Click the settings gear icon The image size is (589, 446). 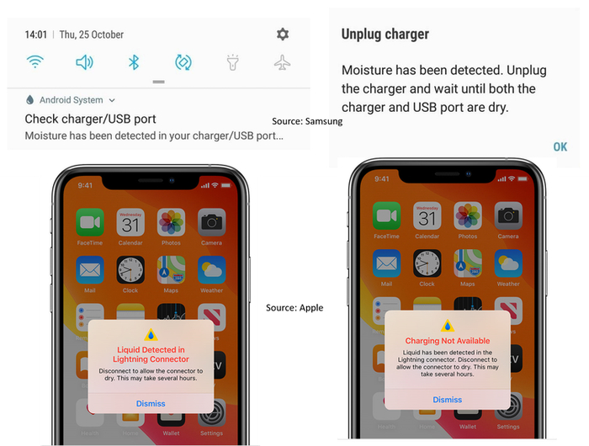(283, 35)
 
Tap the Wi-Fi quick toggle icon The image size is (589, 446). (34, 62)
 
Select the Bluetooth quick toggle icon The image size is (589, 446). (133, 62)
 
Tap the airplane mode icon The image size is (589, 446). (283, 62)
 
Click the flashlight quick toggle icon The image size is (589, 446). (233, 62)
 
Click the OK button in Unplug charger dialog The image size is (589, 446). (560, 147)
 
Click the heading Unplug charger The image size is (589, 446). (385, 35)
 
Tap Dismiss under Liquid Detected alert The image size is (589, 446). (151, 403)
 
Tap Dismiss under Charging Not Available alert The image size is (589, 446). (448, 400)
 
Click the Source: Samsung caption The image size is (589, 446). (307, 121)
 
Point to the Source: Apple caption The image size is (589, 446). (294, 308)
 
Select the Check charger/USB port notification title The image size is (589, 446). (90, 119)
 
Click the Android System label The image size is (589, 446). (71, 100)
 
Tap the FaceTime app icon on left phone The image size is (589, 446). (90, 223)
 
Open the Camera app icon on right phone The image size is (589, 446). (508, 217)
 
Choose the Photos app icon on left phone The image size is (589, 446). (171, 223)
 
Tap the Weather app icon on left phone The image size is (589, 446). (211, 270)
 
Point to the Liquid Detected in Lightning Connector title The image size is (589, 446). (151, 354)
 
